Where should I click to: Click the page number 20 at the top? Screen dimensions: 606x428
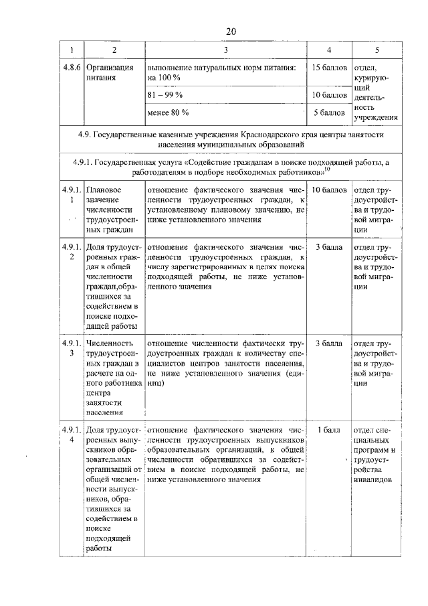(x=231, y=31)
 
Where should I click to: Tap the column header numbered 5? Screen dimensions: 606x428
(x=376, y=51)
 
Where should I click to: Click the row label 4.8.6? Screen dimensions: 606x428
(x=69, y=68)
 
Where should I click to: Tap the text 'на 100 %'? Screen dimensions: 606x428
(x=164, y=78)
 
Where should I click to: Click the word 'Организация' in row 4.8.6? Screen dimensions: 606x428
(x=110, y=68)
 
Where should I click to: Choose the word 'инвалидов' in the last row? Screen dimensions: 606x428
(x=374, y=480)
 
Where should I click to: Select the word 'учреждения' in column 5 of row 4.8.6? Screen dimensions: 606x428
(x=376, y=117)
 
